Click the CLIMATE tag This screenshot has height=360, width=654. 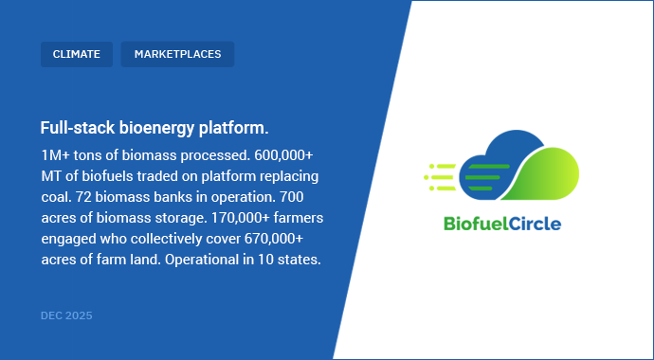77,54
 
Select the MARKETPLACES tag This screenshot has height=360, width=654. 177,54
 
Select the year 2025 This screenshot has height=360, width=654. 80,315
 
